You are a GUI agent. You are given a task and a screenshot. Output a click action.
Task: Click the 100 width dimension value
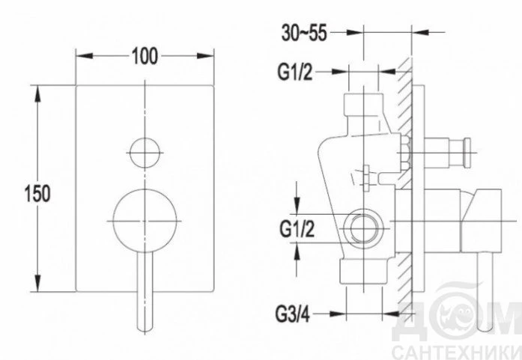tap(145, 56)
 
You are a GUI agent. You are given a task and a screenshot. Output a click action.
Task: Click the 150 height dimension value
tap(37, 193)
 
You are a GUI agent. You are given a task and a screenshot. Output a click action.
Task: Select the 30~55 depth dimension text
tap(304, 33)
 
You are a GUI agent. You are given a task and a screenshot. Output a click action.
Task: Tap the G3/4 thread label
tap(292, 314)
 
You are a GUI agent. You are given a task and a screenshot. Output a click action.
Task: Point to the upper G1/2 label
tap(295, 72)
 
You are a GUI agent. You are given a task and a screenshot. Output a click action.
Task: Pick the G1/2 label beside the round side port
tap(297, 229)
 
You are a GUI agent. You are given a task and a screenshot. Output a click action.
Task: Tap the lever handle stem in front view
tap(145, 292)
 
